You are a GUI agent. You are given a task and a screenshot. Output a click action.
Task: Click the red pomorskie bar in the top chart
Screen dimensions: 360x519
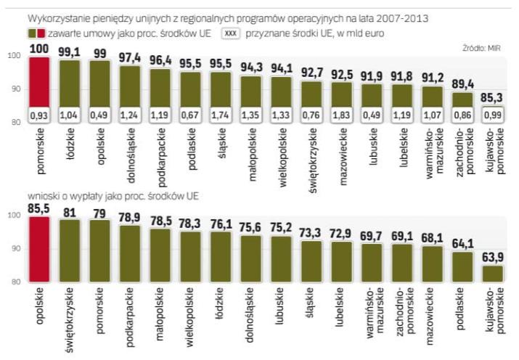pos(38,87)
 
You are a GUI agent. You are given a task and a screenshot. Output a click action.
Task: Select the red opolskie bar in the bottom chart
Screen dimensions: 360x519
pos(38,247)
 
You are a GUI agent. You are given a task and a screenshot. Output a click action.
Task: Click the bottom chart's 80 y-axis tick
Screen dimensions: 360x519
pos(13,282)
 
